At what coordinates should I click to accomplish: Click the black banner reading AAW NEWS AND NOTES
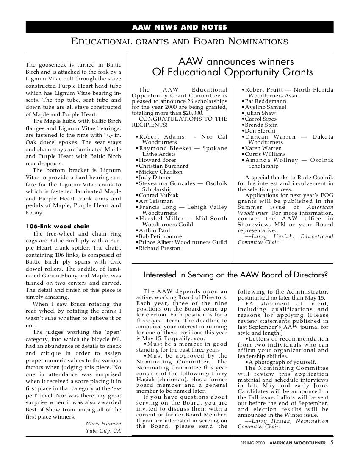point(180,28)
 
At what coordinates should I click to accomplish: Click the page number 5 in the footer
point(332,443)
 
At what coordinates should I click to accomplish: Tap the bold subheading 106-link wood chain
point(58,226)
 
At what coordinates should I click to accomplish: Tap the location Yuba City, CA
point(103,431)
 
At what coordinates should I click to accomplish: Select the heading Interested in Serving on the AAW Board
point(236,275)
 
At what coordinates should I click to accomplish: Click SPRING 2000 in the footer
point(252,443)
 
